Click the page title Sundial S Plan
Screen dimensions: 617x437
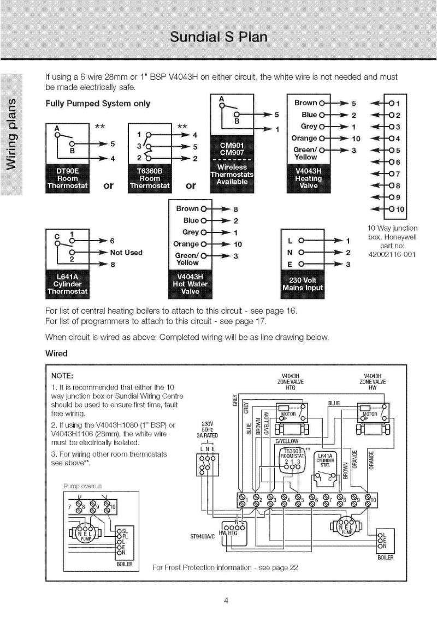[x=218, y=37]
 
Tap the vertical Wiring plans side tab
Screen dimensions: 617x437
[x=12, y=134]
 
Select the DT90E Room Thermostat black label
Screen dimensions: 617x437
[x=67, y=178]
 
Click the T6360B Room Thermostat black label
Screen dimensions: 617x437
[x=150, y=178]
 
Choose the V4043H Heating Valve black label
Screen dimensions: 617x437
[x=309, y=178]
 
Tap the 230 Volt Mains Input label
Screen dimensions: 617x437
[x=302, y=284]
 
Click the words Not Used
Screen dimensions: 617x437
[x=126, y=253]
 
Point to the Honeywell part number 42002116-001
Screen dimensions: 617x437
[x=392, y=254]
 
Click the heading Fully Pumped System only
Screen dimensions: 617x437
[x=98, y=104]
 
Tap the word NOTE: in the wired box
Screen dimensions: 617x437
[x=62, y=376]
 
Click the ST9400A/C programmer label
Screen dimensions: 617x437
[x=203, y=536]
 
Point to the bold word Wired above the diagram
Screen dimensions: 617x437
[x=56, y=354]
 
